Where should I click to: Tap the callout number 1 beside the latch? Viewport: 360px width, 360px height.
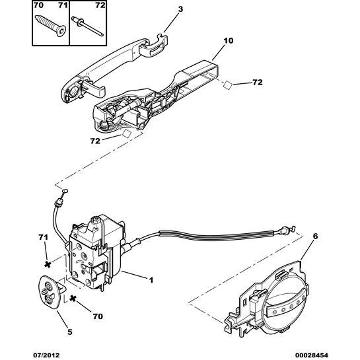[151, 280]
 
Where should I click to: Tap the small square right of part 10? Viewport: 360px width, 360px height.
[225, 85]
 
